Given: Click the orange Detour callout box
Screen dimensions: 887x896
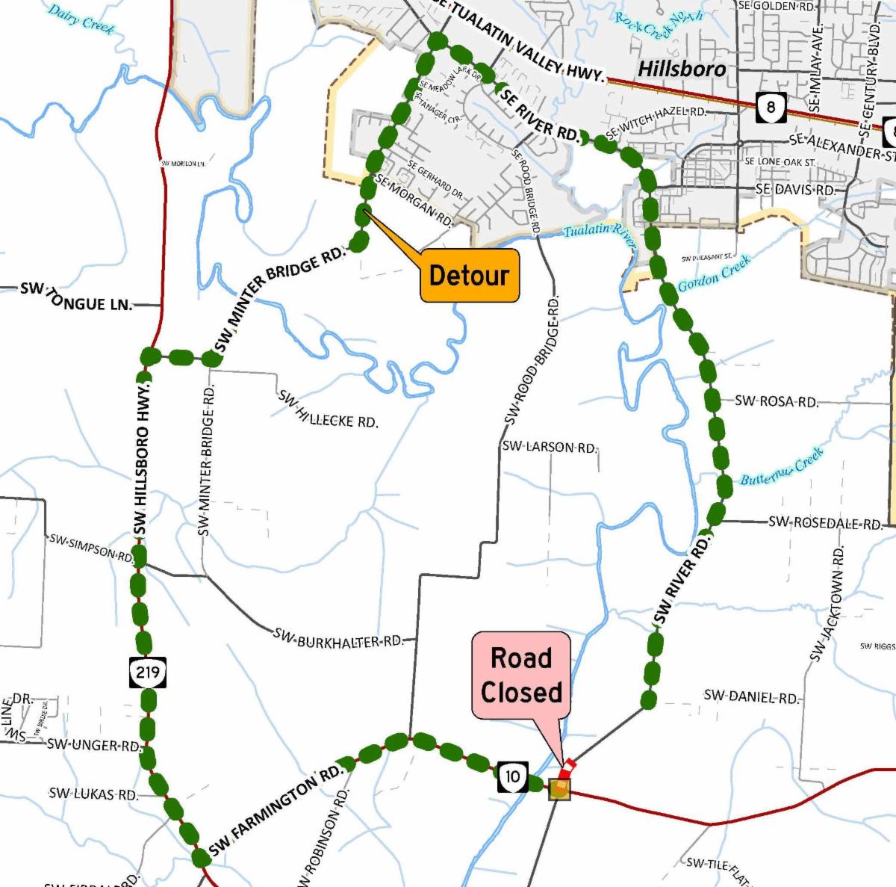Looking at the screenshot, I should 470,276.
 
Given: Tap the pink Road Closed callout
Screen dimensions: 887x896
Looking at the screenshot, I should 520,676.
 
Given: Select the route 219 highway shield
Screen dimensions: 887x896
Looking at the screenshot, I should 147,672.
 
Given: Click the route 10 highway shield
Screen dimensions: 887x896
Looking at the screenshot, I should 512,776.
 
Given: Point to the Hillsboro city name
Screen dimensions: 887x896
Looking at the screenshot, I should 682,69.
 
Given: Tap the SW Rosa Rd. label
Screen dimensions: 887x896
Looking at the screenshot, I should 776,401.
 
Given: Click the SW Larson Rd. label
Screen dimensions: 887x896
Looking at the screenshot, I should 550,447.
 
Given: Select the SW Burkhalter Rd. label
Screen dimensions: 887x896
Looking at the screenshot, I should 338,639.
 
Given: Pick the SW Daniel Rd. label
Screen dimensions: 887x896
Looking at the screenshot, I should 751,697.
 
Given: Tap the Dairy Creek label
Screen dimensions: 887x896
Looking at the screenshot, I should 81,19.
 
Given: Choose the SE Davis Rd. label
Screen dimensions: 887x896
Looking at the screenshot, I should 794,189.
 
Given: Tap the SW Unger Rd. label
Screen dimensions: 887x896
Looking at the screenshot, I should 93,745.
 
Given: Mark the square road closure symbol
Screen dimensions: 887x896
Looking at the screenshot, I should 559,790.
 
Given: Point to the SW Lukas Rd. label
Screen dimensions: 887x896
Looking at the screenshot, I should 93,794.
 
